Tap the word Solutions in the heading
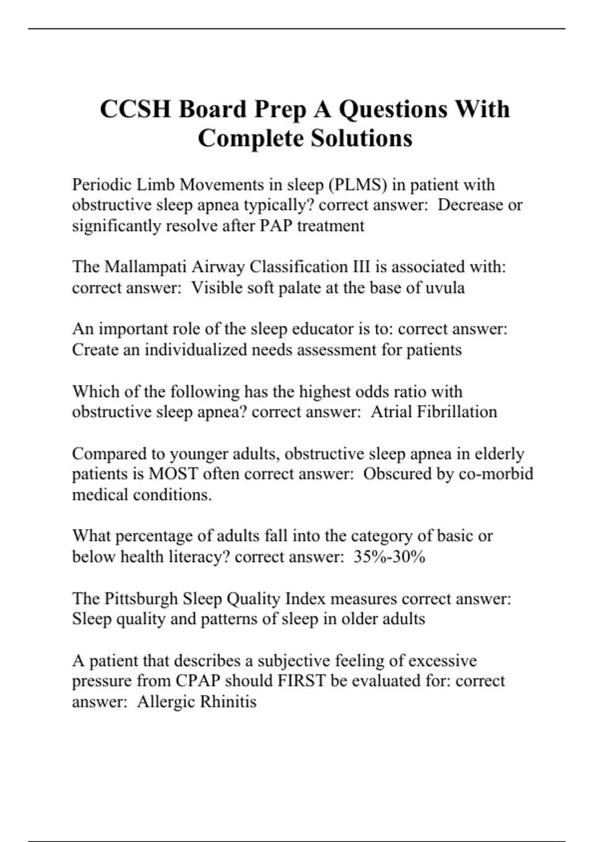point(362,138)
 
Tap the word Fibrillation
point(457,412)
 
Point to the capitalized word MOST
point(173,474)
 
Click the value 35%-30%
point(390,557)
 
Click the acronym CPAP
point(198,681)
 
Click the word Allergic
point(167,702)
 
